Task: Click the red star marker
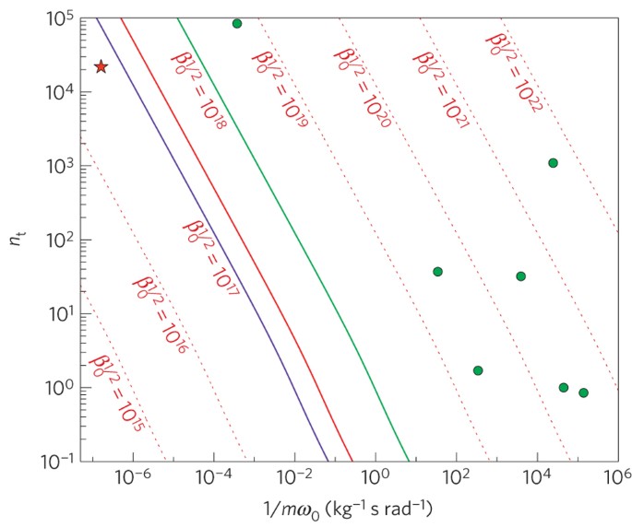click(101, 66)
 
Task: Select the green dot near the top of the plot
click(237, 23)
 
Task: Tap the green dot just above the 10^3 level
click(553, 163)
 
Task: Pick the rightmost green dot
click(583, 392)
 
